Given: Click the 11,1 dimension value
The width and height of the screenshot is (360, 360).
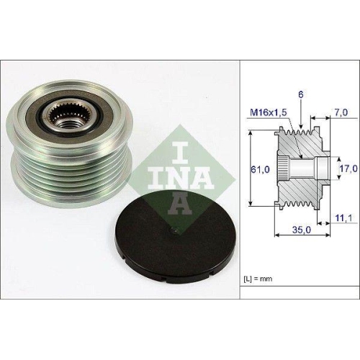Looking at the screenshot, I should click(x=344, y=217).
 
